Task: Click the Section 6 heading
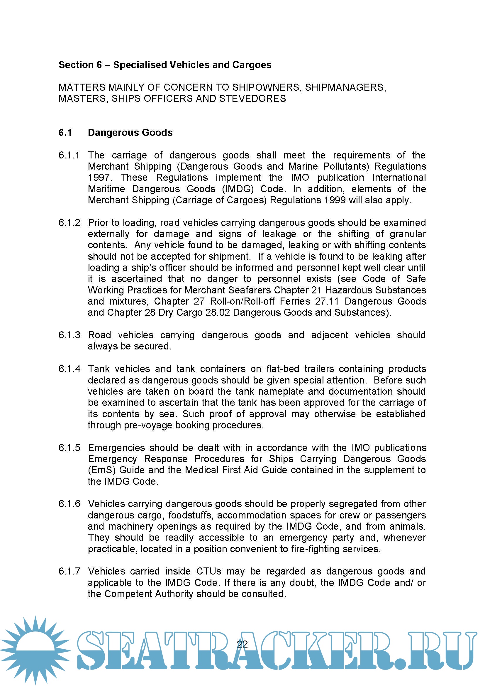coord(165,65)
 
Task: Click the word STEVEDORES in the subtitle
coord(252,99)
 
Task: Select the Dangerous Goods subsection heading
coord(130,133)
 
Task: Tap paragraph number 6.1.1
coord(69,156)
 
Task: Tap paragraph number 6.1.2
coord(69,223)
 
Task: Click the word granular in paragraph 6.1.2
coord(408,234)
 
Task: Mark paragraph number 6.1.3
coord(69,335)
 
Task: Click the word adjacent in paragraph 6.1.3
coord(329,335)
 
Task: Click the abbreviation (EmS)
coord(101,470)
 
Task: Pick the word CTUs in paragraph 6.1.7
coord(208,572)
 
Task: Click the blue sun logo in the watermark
coord(35,650)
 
